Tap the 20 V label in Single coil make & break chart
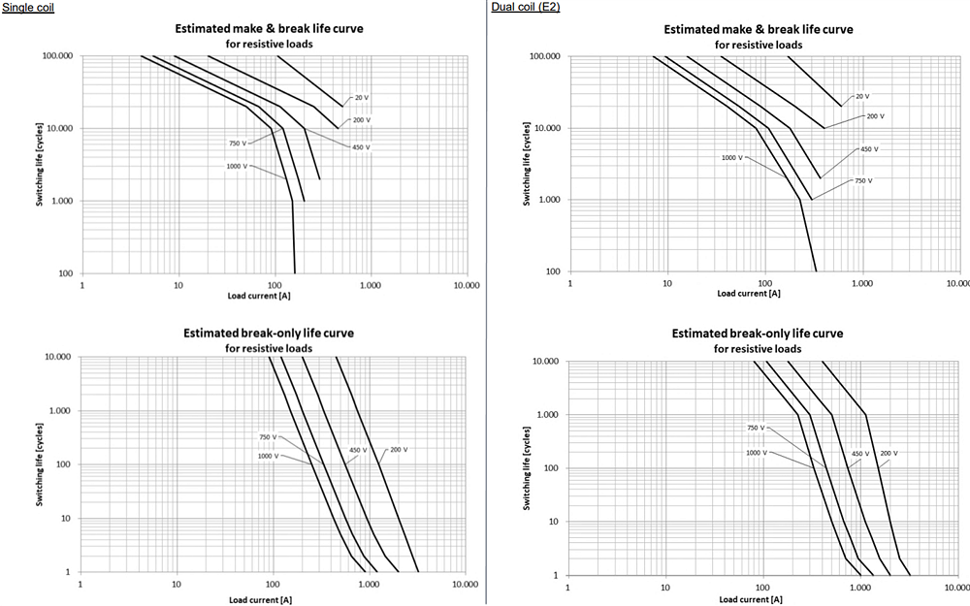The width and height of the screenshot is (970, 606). click(x=361, y=98)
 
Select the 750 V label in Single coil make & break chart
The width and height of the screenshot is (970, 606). click(x=236, y=144)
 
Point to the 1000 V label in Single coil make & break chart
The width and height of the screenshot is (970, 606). click(x=237, y=166)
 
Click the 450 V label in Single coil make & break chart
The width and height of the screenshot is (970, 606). click(x=361, y=147)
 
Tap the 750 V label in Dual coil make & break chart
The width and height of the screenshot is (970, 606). click(x=863, y=180)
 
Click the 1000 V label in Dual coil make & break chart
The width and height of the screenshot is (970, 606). click(x=732, y=157)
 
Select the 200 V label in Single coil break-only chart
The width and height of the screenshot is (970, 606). click(x=399, y=450)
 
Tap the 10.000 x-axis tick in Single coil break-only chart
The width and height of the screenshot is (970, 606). click(x=465, y=585)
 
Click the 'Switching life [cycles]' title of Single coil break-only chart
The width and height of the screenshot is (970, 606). click(x=39, y=463)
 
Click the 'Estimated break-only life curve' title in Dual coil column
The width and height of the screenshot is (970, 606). click(x=758, y=334)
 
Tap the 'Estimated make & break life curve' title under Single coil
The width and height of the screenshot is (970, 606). click(x=269, y=29)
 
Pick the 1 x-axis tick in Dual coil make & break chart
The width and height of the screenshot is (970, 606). click(x=569, y=284)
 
